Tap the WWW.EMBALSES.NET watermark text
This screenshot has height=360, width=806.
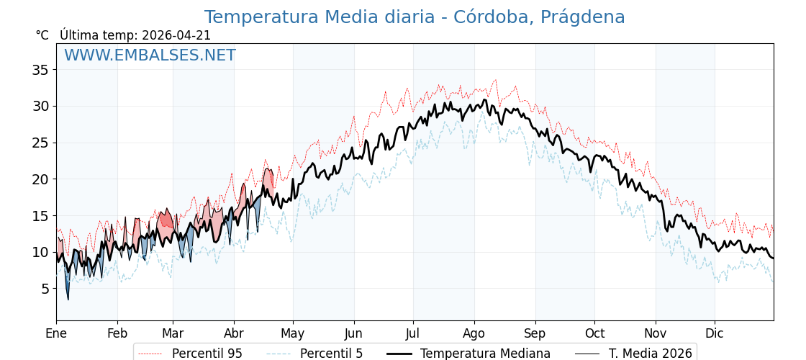click(150, 55)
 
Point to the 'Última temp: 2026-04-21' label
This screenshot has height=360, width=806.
click(135, 35)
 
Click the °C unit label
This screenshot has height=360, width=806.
click(42, 35)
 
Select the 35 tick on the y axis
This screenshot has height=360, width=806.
click(40, 70)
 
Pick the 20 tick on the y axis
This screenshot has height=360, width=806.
click(40, 179)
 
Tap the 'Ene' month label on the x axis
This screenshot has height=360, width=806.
click(56, 333)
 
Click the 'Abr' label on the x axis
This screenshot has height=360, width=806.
click(234, 333)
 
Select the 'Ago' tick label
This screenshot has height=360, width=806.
click(474, 333)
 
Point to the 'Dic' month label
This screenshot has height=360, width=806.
click(715, 333)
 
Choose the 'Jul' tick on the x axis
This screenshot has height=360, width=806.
click(413, 333)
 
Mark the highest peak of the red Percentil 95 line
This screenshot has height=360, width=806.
click(495, 80)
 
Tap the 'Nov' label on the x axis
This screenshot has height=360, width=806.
click(656, 333)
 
